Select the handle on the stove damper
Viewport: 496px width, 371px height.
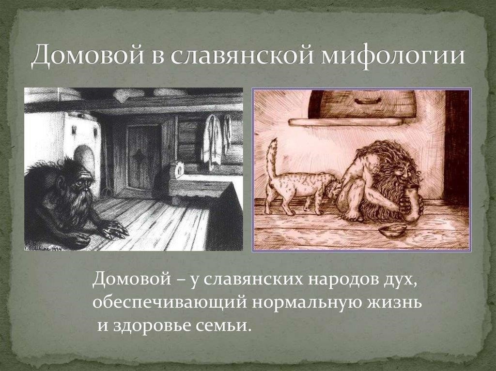(368, 101)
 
